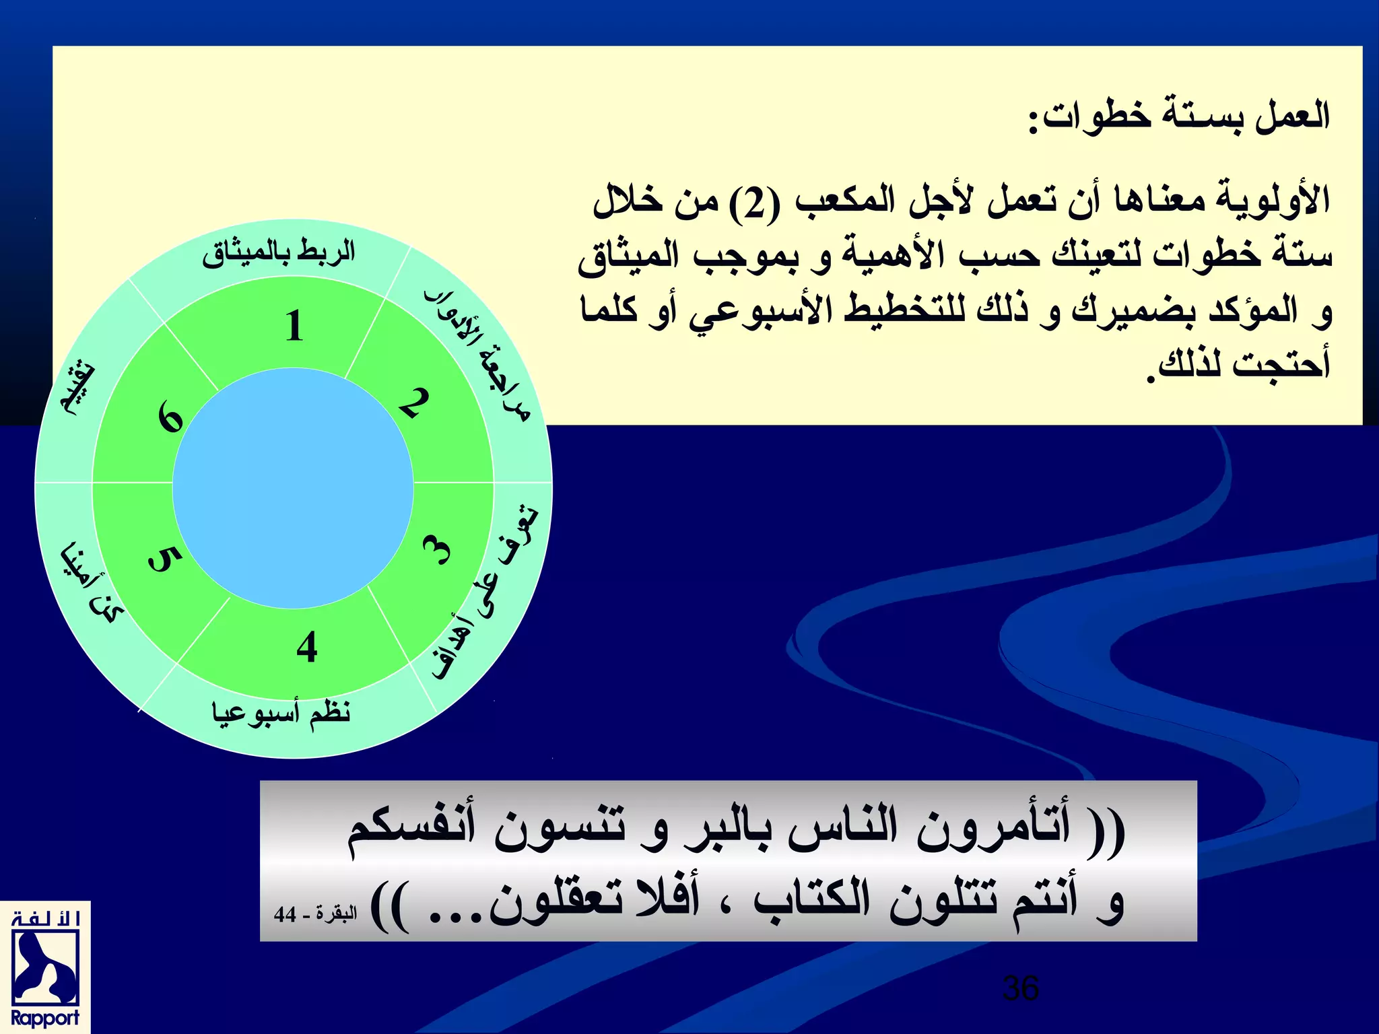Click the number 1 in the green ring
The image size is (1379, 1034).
pyautogui.click(x=294, y=326)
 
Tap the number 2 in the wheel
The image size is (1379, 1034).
pyautogui.click(x=413, y=403)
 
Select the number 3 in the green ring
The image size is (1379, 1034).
pyautogui.click(x=438, y=550)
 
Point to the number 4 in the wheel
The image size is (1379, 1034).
pyautogui.click(x=307, y=648)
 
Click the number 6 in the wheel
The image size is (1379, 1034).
pyautogui.click(x=170, y=417)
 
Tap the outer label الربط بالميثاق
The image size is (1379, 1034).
pyautogui.click(x=278, y=253)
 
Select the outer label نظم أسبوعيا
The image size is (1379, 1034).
pyautogui.click(x=281, y=713)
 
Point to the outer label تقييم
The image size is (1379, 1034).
pyautogui.click(x=78, y=390)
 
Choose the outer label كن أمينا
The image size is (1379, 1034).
pyautogui.click(x=91, y=583)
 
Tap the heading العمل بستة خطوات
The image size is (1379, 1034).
pyautogui.click(x=1178, y=116)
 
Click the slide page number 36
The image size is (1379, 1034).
pyautogui.click(x=1021, y=988)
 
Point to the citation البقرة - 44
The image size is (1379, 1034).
pyautogui.click(x=315, y=914)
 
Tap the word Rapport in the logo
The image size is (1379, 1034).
pyautogui.click(x=45, y=1018)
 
